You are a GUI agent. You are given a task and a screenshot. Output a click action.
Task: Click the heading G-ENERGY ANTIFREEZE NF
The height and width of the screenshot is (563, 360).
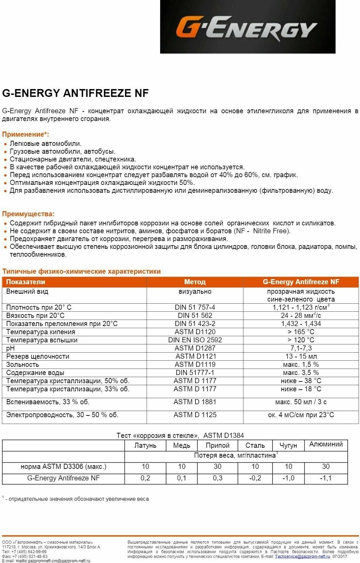coord(75,93)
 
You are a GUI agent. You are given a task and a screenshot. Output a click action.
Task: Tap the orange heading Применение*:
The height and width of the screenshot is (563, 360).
coord(26,134)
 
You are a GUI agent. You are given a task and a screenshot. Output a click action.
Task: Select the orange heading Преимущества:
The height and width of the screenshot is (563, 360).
coord(28,214)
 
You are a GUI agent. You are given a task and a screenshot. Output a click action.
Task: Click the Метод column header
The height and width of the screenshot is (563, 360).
coord(195,282)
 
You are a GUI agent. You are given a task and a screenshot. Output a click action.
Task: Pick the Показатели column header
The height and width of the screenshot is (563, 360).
coord(26,282)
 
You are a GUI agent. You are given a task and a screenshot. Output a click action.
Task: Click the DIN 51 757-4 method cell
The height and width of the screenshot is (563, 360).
coord(195,307)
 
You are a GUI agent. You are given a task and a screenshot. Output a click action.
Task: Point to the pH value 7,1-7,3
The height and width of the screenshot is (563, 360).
coord(301,348)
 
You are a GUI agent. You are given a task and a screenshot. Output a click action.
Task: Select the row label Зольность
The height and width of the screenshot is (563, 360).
coord(22,364)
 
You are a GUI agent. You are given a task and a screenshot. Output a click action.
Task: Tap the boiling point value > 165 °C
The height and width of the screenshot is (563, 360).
coord(301,332)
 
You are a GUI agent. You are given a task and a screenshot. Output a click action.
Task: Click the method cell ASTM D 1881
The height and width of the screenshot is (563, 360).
coord(195,402)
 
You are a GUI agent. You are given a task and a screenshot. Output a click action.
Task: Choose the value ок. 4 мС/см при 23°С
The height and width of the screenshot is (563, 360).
coord(301,415)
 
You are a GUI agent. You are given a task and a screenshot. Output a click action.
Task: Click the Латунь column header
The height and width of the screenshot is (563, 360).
coord(145,445)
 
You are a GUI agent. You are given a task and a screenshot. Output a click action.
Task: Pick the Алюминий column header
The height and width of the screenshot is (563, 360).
coord(326,444)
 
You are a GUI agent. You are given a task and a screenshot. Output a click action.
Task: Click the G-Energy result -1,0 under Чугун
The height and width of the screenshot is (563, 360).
coord(288,478)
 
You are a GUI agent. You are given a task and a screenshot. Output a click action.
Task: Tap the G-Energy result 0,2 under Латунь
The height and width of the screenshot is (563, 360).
coord(145,478)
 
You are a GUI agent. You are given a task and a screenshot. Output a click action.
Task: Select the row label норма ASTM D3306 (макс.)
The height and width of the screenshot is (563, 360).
coord(63,466)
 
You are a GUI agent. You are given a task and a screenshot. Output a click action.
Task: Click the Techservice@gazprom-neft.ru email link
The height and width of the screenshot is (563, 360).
coord(302,557)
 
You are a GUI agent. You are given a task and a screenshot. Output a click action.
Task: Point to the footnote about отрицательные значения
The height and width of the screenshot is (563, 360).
coord(77,499)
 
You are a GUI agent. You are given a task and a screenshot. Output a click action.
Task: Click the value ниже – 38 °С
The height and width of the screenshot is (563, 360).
coord(301,381)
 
